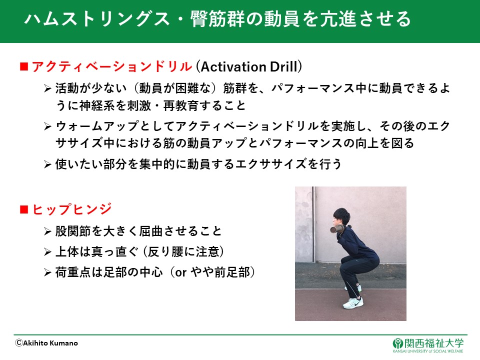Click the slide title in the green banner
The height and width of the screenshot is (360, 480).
[x=217, y=18]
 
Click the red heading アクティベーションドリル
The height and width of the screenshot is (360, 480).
[x=112, y=66]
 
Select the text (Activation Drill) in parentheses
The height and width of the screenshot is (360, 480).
[x=249, y=66]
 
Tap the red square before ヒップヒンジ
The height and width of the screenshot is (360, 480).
[x=24, y=209]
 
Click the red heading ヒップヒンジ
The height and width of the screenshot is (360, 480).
[x=71, y=209]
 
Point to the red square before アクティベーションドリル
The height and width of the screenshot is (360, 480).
[x=24, y=66]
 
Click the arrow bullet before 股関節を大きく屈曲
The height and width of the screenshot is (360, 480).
[x=47, y=231]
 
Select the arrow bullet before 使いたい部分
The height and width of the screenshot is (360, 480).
[x=47, y=164]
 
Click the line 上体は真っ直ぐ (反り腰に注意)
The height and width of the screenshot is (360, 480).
[x=139, y=251]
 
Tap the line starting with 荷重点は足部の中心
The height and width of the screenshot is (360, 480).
[x=155, y=272]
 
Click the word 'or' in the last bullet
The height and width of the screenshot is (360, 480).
[x=180, y=273]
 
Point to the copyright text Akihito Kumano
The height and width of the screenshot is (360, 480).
[x=46, y=343]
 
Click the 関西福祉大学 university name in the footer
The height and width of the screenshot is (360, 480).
[x=434, y=343]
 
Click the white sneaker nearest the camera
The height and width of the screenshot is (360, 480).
[x=353, y=302]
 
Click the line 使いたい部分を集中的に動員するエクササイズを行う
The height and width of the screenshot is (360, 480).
[x=198, y=164]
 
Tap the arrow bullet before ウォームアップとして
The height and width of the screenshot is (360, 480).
[x=47, y=126]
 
